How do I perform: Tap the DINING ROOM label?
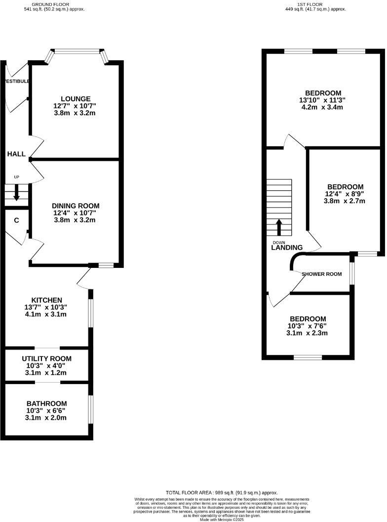76,206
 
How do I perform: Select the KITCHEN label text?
47,300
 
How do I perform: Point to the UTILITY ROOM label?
47,358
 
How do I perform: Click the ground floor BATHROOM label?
47,403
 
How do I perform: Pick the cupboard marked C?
16,220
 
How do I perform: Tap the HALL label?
16,154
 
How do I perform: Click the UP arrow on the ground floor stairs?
16,192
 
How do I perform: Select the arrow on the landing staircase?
278,227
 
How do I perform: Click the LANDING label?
287,248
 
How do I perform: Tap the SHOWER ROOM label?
322,274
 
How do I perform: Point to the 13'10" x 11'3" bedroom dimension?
323,100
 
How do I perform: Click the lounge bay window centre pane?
77,50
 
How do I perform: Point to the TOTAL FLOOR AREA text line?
222,493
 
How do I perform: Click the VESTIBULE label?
16,81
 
